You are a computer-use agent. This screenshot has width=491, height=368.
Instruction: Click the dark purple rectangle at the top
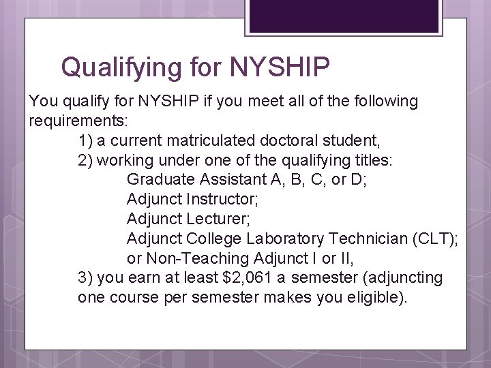[343, 16]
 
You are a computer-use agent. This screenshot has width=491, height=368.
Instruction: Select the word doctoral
[289, 141]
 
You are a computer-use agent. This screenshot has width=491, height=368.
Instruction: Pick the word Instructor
[222, 200]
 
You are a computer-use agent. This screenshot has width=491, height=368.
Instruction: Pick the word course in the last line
[132, 298]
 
